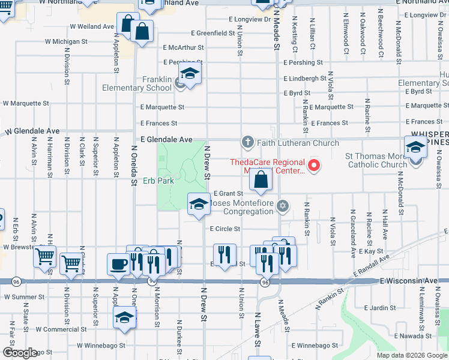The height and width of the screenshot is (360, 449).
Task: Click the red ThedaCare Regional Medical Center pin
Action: coord(313,165)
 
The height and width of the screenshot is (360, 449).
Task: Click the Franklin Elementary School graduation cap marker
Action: coord(189,75)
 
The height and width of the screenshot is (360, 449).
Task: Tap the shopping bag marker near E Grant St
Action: coord(261,180)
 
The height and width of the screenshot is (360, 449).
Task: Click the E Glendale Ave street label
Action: coord(166,139)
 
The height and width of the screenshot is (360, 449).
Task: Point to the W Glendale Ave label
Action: coord(32,131)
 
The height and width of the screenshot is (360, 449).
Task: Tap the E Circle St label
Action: coord(224,229)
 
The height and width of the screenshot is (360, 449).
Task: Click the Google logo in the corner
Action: coord(20,353)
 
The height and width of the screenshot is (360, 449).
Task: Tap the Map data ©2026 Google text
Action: coord(412,355)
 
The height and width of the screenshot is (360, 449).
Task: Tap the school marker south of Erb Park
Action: coord(199,205)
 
